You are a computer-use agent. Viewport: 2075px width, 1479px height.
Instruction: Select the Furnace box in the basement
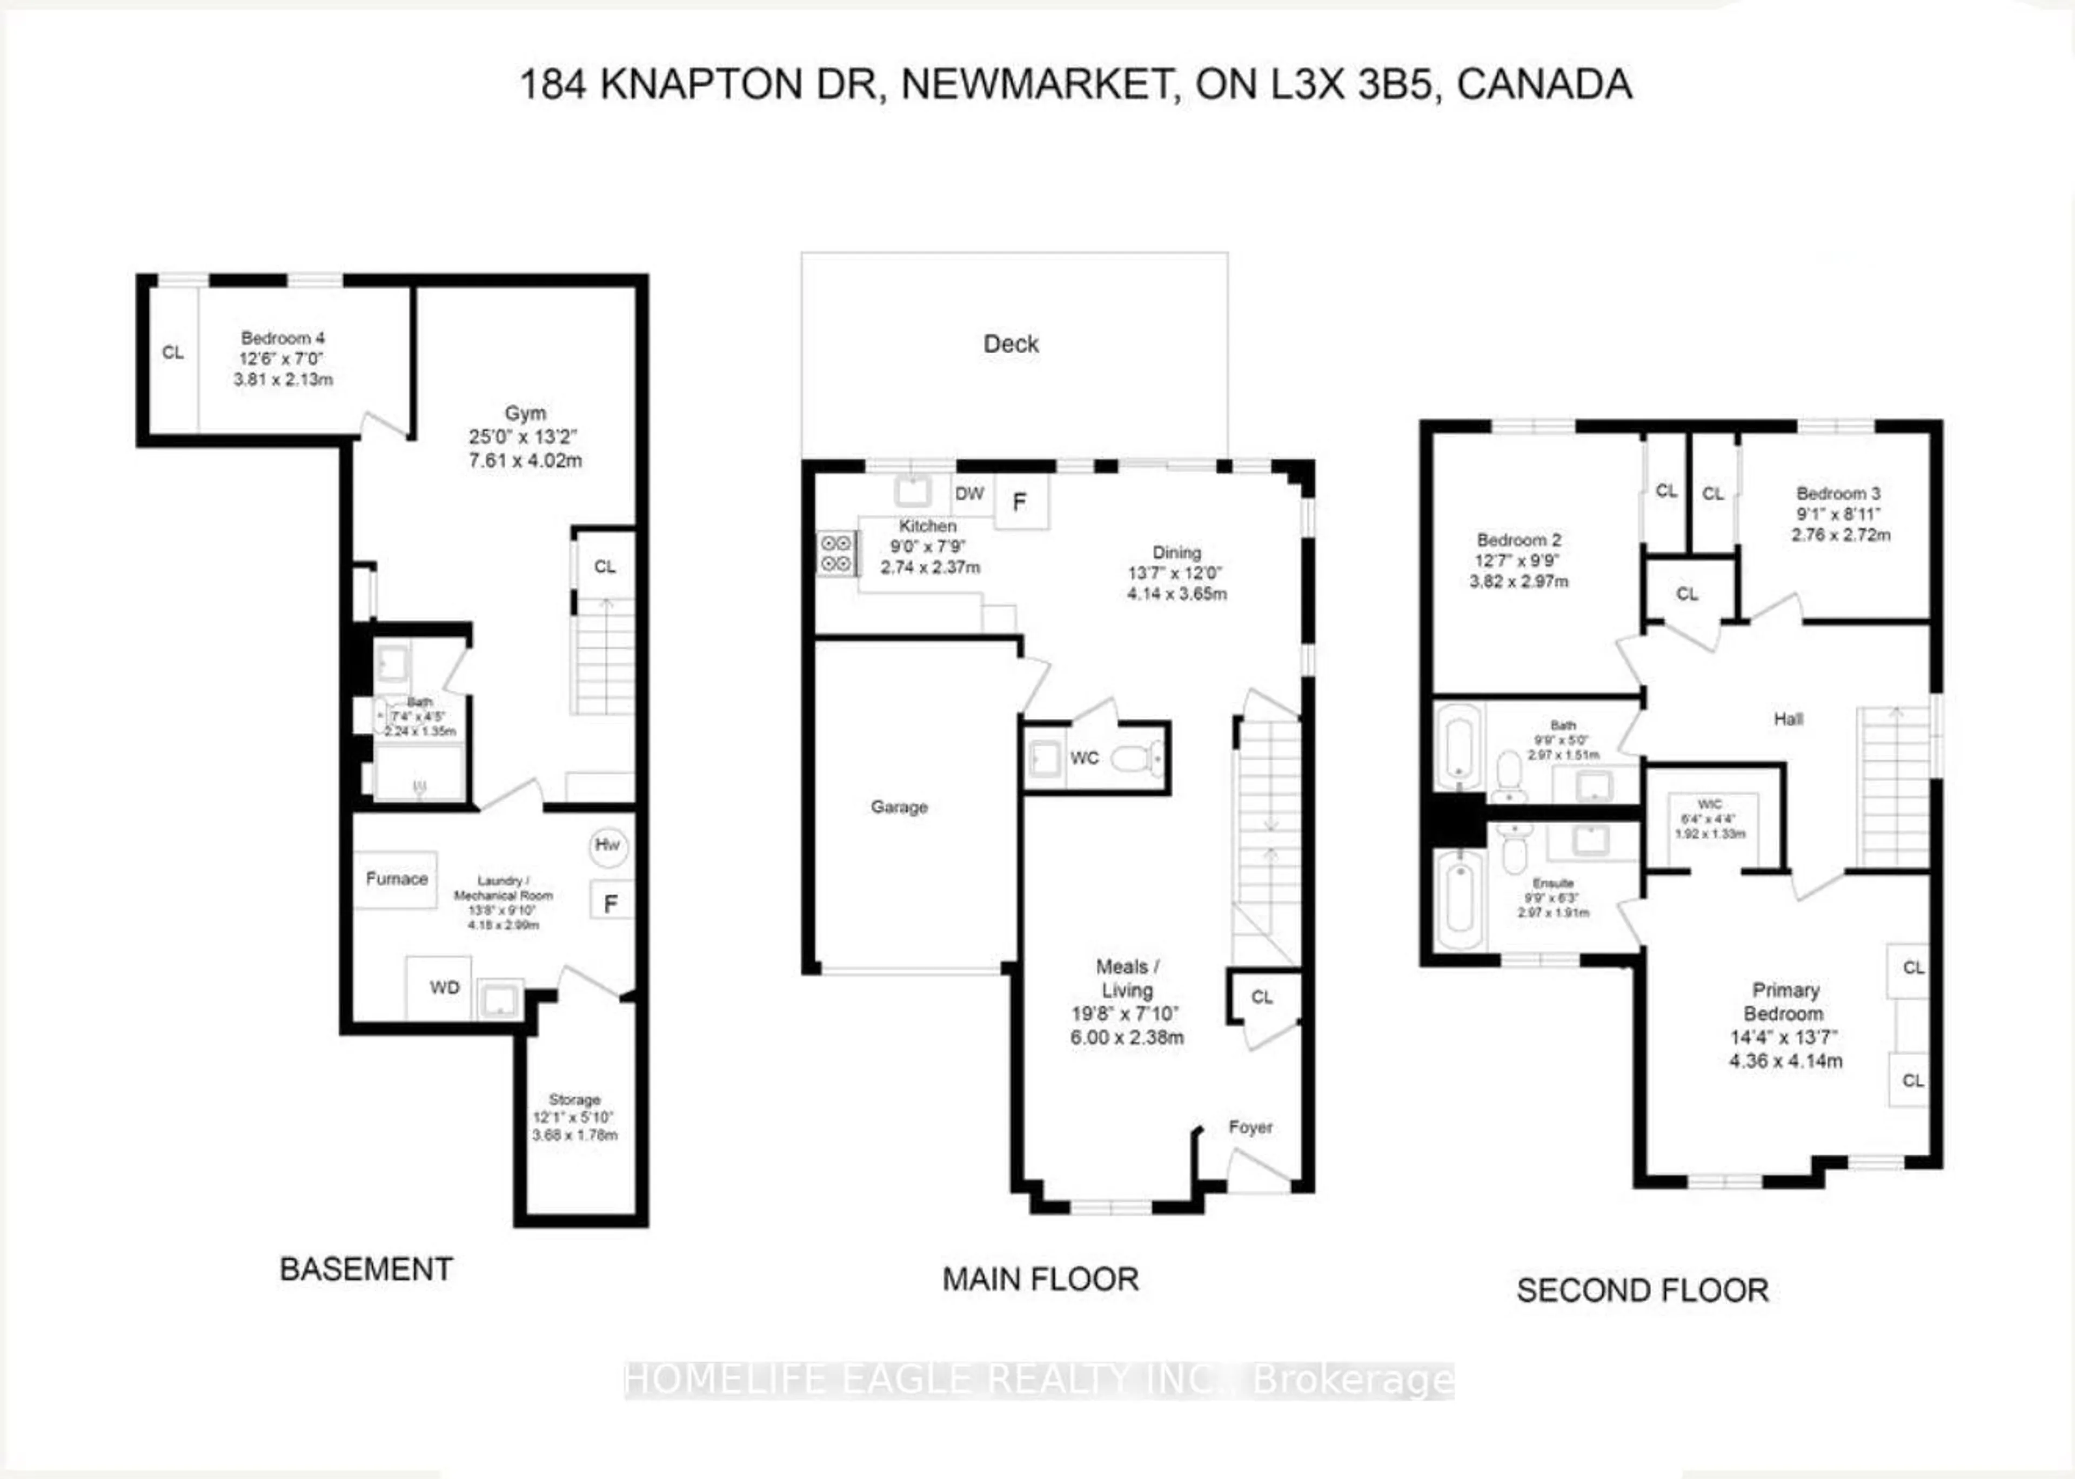396,879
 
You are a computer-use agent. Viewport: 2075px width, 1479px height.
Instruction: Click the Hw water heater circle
607,846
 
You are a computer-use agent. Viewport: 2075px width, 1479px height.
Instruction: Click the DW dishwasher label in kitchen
969,494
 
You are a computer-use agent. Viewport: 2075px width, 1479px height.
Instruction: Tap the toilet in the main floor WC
1139,758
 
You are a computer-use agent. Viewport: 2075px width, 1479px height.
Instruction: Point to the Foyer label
1250,1127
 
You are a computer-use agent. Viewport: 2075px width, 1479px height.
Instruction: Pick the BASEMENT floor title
366,1269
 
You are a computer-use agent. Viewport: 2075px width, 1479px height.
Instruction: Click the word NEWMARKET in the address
1036,85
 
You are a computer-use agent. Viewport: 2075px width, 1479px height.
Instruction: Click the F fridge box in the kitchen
1020,502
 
